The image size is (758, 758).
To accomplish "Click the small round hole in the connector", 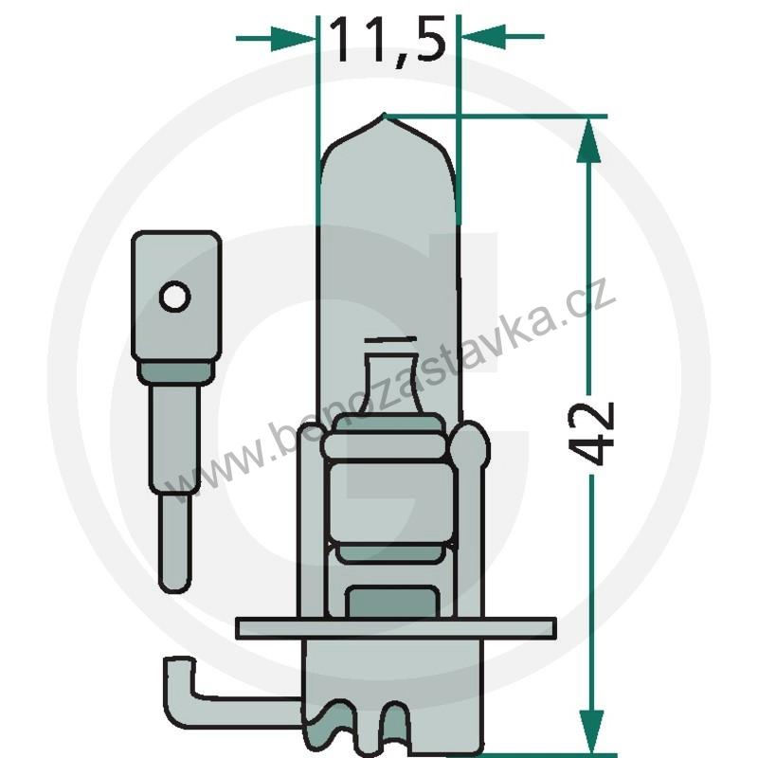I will (174, 298).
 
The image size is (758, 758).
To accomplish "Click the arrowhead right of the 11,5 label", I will (479, 37).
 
